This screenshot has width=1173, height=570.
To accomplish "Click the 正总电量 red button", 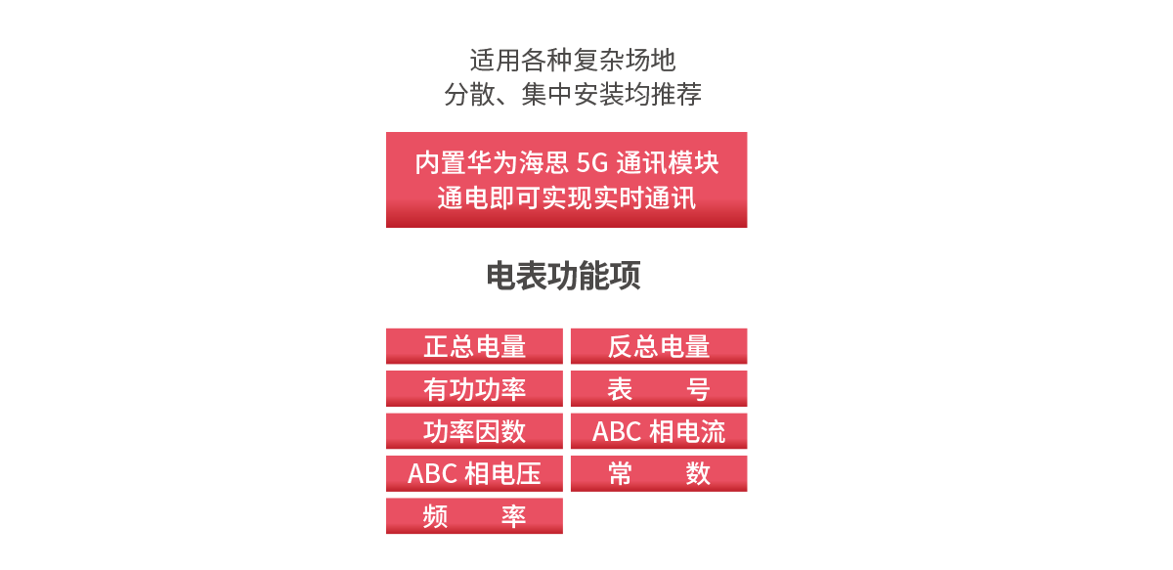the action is pyautogui.click(x=474, y=346).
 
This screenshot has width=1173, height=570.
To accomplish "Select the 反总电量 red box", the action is pyautogui.click(x=659, y=346).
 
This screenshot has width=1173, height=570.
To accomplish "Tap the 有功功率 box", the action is pyautogui.click(x=474, y=389).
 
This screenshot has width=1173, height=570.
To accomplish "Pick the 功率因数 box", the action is pyautogui.click(x=474, y=431).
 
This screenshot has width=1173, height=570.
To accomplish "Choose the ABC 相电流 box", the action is pyautogui.click(x=659, y=431).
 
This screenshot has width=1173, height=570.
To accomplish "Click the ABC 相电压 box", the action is pyautogui.click(x=474, y=473).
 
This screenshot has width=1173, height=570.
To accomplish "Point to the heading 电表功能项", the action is pyautogui.click(x=563, y=276).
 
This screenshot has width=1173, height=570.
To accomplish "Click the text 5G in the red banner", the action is pyautogui.click(x=592, y=163).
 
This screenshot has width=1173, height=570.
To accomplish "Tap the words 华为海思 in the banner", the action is pyautogui.click(x=517, y=163).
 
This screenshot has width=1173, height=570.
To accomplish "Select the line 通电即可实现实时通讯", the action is pyautogui.click(x=567, y=198).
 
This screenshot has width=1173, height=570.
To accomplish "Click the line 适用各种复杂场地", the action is pyautogui.click(x=573, y=60).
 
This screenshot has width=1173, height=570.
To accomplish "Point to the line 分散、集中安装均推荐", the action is pyautogui.click(x=573, y=94).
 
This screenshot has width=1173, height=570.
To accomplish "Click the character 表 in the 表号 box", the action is pyautogui.click(x=620, y=389).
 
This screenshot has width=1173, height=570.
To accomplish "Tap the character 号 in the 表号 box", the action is pyautogui.click(x=698, y=389).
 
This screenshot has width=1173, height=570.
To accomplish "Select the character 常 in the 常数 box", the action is pyautogui.click(x=620, y=474).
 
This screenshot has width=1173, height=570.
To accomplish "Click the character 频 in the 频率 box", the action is pyautogui.click(x=435, y=516).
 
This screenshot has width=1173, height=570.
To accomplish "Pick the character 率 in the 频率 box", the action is pyautogui.click(x=514, y=516).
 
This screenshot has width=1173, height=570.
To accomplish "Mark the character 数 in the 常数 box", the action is pyautogui.click(x=698, y=474).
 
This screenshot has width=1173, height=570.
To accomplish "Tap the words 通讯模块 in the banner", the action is pyautogui.click(x=668, y=163).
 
